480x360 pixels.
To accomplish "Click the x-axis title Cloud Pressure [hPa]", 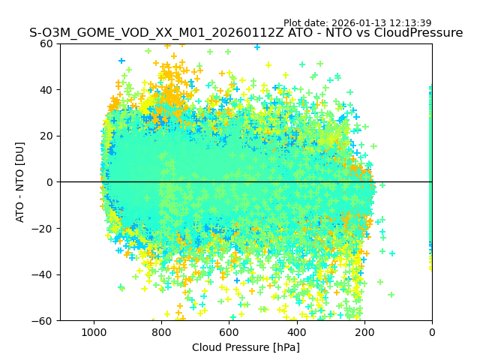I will [x=246, y=347].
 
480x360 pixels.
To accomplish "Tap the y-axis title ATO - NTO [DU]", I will [x=21, y=182].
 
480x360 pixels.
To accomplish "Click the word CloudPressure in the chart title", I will [x=421, y=33].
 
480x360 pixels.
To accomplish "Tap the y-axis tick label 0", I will [x=51, y=182].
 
